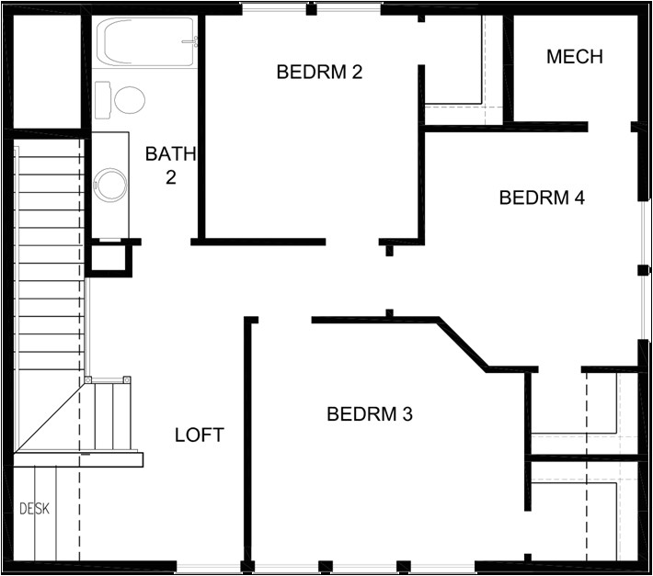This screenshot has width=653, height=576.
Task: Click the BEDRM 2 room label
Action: pos(319,72)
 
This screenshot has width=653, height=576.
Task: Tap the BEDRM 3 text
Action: pos(369,414)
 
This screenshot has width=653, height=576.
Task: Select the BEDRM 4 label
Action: pos(542,198)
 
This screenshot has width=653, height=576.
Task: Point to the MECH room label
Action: pos(574,57)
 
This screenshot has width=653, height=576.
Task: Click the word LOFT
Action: pos(199,435)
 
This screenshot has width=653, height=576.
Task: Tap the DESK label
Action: pos(35,508)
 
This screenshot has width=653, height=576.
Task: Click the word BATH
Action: pos(170,153)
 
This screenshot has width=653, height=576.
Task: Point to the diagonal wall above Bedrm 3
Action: pos(463,344)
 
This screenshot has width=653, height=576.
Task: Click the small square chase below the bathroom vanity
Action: pos(109,259)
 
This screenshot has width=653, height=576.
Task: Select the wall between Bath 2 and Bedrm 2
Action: pos(201,129)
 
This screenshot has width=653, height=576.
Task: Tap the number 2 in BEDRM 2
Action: pos(356,72)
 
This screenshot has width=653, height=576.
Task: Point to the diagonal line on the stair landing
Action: pos(53,418)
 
